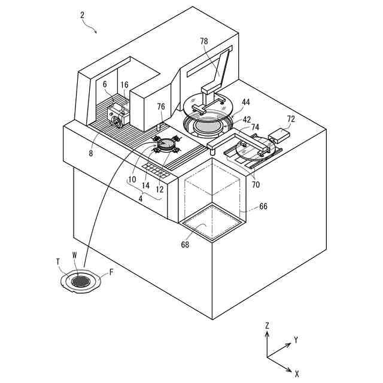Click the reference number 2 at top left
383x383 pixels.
tap(83, 15)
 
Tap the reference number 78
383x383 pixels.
tap(204, 41)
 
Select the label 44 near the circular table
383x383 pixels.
tap(247, 102)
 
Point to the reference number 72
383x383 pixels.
tap(291, 119)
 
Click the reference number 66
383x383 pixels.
tap(263, 206)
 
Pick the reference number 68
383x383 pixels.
tap(185, 244)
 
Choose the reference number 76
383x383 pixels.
tap(160, 107)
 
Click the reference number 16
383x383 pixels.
tap(124, 85)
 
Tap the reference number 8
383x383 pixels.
tap(91, 153)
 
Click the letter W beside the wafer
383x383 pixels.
tap(74, 255)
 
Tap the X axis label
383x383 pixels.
tap(297, 373)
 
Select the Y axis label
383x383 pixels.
tap(296, 340)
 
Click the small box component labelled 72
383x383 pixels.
tap(279, 135)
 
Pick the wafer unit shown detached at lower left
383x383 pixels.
tap(80, 281)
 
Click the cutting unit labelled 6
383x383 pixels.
tap(118, 113)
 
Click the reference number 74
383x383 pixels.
tap(255, 127)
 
